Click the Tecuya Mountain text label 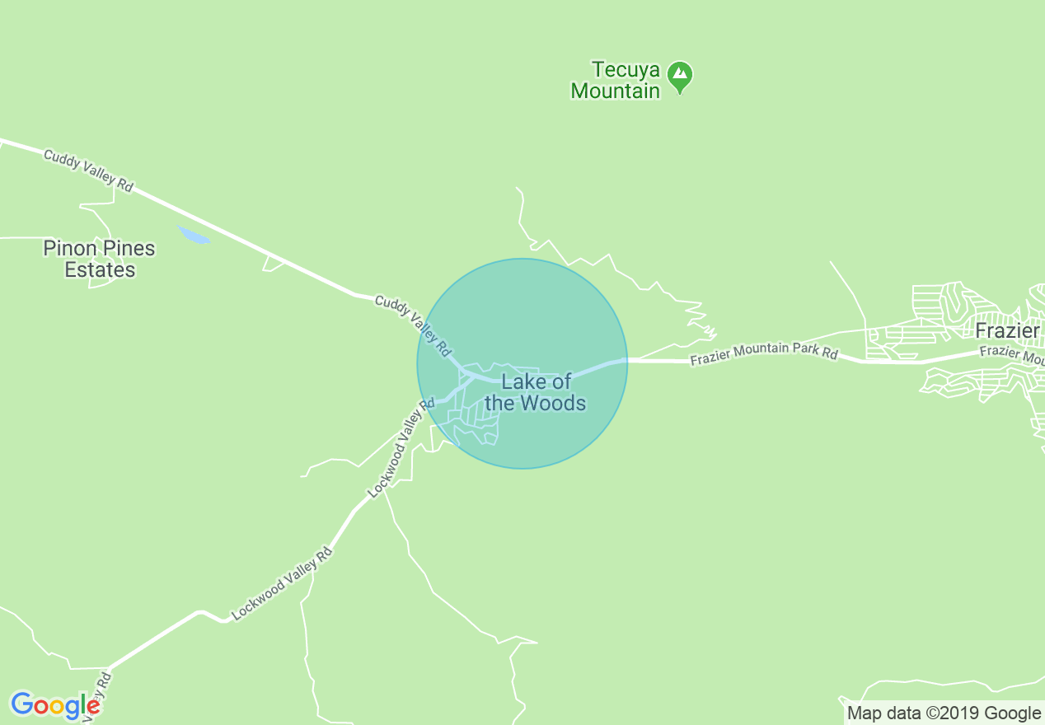pos(616,80)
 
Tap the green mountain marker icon pos(680,76)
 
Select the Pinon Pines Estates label pos(99,259)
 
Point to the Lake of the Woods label pos(536,392)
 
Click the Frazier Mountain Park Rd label pos(764,353)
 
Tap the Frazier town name pos(1007,331)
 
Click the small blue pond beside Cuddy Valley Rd pos(194,236)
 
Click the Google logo pos(56,705)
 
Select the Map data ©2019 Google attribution pos(944,713)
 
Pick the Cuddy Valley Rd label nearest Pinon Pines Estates pos(88,171)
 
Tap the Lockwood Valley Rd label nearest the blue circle pos(401,448)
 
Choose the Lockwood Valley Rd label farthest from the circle pos(282,583)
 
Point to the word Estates pos(100,270)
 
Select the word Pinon pos(68,248)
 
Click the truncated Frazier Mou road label pos(1012,355)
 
